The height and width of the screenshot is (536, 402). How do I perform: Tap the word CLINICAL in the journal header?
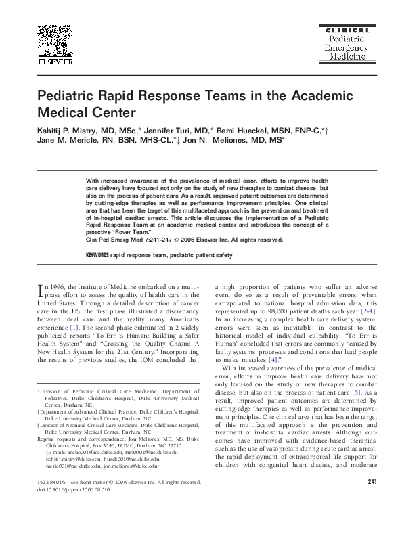(x=348, y=30)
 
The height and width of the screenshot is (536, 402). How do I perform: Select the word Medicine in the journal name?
(x=348, y=58)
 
